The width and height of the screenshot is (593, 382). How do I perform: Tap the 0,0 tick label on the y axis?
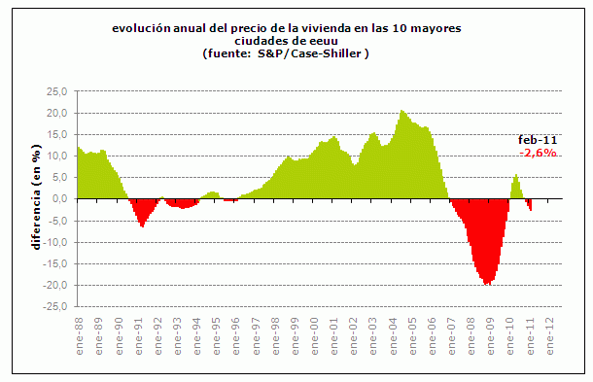[59, 199]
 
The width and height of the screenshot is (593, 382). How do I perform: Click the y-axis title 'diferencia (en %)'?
[36, 198]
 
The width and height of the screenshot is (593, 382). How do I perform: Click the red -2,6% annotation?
[538, 154]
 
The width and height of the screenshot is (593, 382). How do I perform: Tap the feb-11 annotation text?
[537, 141]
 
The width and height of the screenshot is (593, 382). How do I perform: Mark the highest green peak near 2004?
[401, 112]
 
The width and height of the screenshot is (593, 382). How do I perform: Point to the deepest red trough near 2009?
[486, 284]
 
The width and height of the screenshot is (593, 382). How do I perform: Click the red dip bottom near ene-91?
[142, 226]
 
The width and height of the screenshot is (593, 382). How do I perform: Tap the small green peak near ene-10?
[516, 176]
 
